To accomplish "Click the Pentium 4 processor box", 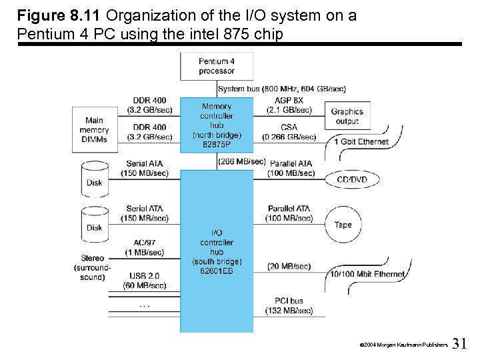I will click(x=217, y=66).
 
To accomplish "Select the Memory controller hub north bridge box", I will click(x=217, y=125).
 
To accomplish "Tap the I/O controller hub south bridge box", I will click(x=217, y=251).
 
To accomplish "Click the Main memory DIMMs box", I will click(x=94, y=130).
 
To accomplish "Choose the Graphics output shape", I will click(x=347, y=116).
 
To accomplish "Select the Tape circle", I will click(x=343, y=225).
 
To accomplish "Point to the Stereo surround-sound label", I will click(x=92, y=267).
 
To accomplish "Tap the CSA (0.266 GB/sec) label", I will click(x=289, y=132).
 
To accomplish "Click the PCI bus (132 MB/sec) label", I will click(x=289, y=305).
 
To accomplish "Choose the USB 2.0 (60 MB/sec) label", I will click(x=145, y=280).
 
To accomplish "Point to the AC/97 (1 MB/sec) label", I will click(x=145, y=247).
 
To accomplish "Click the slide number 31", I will click(x=459, y=344).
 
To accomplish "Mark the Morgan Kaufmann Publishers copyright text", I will click(x=403, y=345).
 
